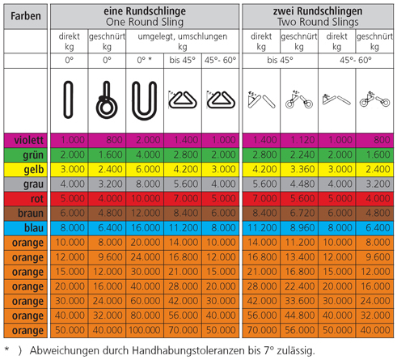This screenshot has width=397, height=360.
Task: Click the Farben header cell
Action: point(26,16)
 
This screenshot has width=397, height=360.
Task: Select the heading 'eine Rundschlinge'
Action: point(145,11)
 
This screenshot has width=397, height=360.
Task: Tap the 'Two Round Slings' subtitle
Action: point(318,22)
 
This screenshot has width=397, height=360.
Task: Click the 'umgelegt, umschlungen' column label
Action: point(183,36)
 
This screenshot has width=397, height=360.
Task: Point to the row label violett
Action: point(28,140)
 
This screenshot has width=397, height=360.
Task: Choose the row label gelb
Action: point(34,170)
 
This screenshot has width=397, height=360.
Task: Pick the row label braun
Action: point(31,214)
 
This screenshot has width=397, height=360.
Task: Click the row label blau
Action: point(34,228)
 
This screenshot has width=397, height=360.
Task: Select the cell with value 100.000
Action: point(145,330)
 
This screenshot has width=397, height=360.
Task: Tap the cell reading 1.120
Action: point(299,140)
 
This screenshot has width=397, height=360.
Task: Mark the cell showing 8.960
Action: point(299,228)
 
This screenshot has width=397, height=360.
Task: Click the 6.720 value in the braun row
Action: point(299,214)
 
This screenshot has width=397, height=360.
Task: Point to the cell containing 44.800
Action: point(299,316)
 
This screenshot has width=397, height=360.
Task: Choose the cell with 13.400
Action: point(299,257)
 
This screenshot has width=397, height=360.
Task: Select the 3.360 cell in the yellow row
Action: point(299,169)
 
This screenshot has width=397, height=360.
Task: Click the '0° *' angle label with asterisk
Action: point(144,60)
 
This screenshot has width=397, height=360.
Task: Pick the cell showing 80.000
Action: point(145,316)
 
